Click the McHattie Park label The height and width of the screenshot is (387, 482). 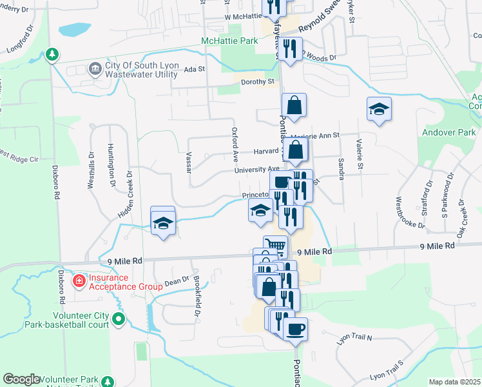click(229, 41)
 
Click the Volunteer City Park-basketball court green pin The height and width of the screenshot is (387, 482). click(118, 319)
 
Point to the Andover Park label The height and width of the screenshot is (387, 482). click(447, 133)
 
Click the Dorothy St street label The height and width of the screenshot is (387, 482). click(258, 82)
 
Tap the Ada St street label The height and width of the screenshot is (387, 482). click(194, 69)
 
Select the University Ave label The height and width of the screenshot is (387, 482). click(256, 170)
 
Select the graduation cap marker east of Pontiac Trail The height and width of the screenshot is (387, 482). click(379, 109)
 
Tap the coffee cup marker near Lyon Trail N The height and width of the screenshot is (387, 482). click(295, 329)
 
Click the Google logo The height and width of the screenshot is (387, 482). click(21, 379)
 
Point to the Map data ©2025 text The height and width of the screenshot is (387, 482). click(454, 382)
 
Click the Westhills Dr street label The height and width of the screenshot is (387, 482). click(91, 174)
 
